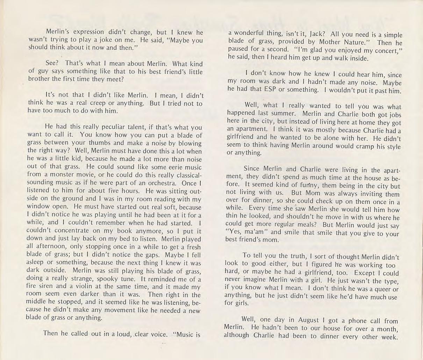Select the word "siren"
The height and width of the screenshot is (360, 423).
pyautogui.click(x=43, y=287)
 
